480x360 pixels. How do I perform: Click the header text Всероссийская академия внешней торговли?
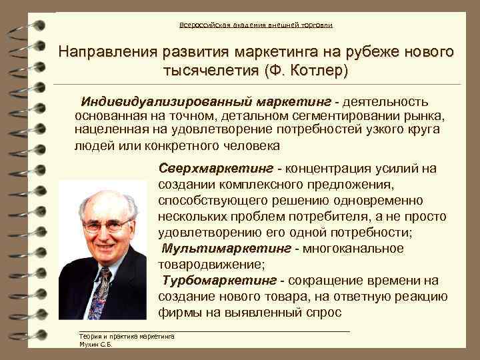pyautogui.click(x=255, y=25)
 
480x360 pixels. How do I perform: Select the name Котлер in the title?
pyautogui.click(x=314, y=69)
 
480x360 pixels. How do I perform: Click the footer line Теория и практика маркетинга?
pyautogui.click(x=126, y=337)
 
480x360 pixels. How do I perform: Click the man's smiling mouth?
pyautogui.click(x=107, y=248)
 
